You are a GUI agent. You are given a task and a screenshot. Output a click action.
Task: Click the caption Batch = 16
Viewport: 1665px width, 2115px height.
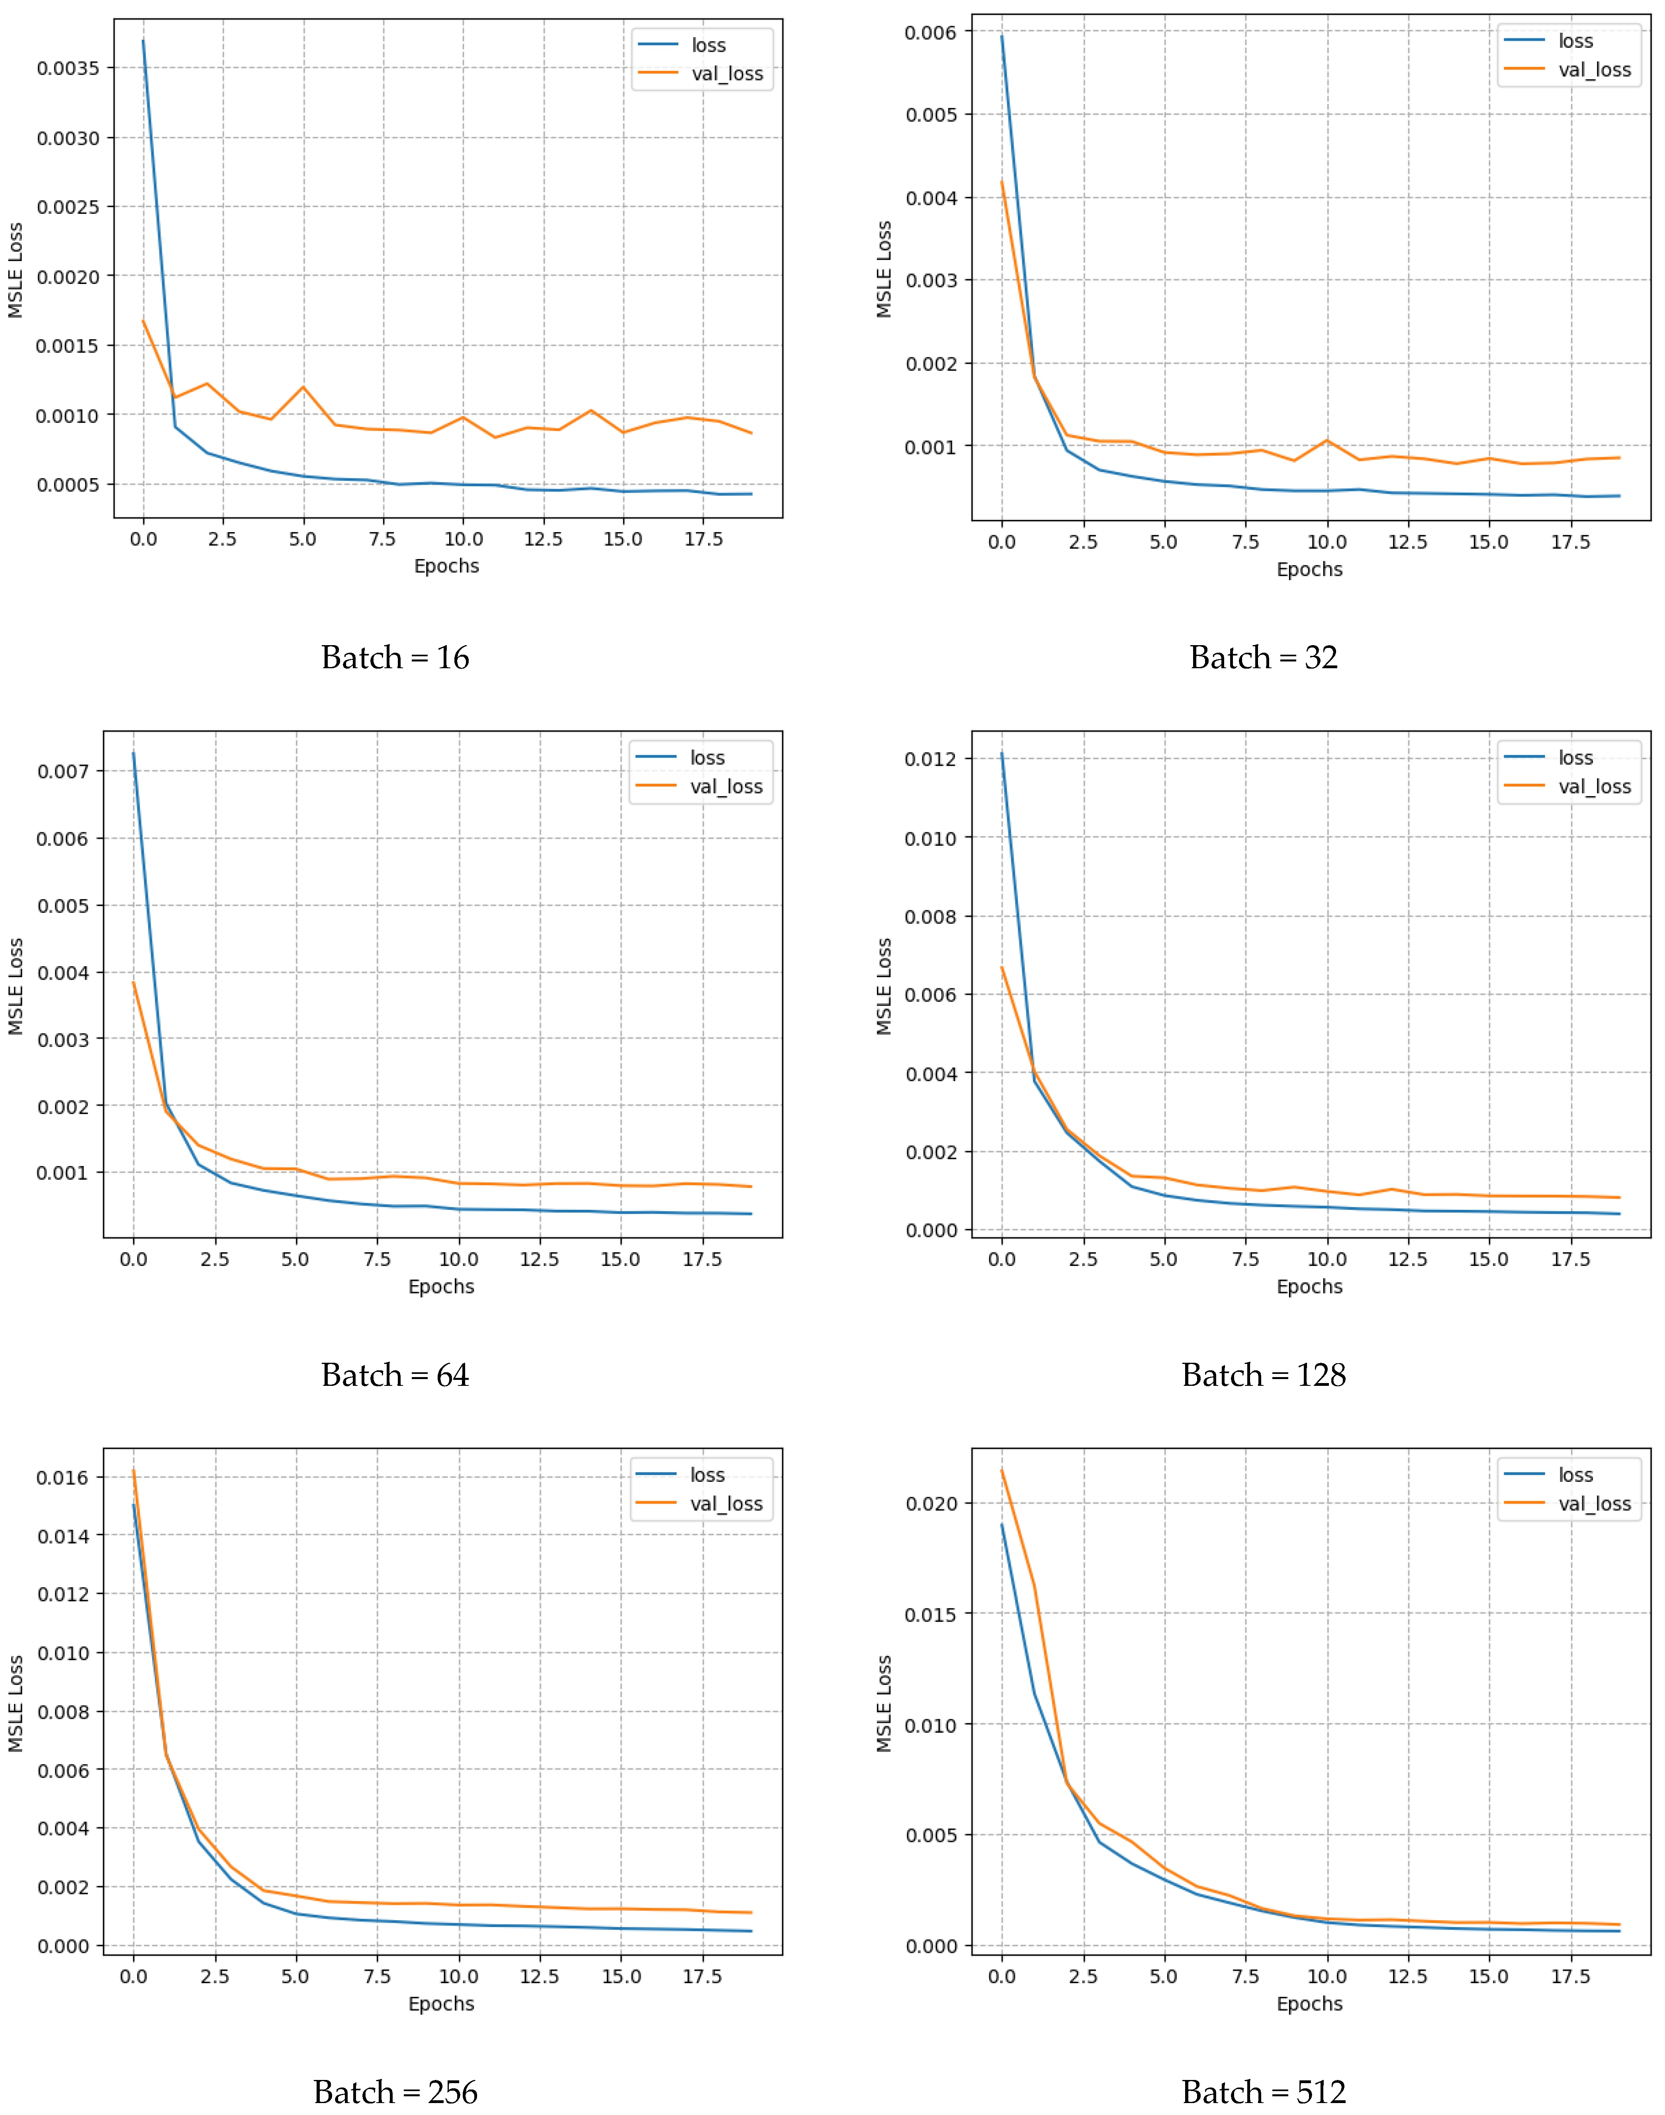pyautogui.click(x=395, y=658)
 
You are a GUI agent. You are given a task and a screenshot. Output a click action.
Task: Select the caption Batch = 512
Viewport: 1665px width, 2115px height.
pyautogui.click(x=1263, y=2092)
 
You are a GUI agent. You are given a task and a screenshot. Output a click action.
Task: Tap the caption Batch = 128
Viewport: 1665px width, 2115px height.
pyautogui.click(x=1263, y=1374)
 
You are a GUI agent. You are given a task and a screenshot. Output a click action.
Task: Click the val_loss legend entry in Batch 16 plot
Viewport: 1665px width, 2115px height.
pyautogui.click(x=726, y=74)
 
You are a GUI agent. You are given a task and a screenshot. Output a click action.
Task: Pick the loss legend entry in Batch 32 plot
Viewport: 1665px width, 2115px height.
pyautogui.click(x=1574, y=41)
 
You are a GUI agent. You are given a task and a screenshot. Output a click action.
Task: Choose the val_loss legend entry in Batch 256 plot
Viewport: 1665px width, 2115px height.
pyautogui.click(x=725, y=1504)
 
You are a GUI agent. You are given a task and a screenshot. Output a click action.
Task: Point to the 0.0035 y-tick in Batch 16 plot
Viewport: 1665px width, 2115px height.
pyautogui.click(x=68, y=68)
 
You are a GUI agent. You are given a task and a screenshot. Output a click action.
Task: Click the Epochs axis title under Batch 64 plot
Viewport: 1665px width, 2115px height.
pyautogui.click(x=440, y=1287)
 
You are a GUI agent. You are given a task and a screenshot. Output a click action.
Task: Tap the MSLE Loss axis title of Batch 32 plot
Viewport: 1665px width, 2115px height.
pyautogui.click(x=883, y=269)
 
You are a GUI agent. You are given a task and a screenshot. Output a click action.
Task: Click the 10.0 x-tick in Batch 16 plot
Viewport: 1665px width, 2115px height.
pyautogui.click(x=463, y=539)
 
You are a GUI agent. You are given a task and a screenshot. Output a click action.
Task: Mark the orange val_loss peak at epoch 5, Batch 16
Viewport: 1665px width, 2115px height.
pyautogui.click(x=303, y=387)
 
